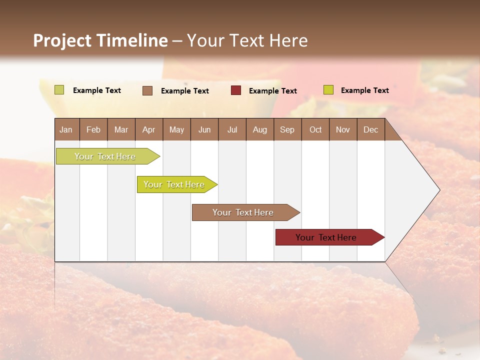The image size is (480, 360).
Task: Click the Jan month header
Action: (x=66, y=130)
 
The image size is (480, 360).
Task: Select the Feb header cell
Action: (x=93, y=130)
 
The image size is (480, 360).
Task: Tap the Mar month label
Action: (x=121, y=130)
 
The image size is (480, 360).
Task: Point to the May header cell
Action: (x=176, y=130)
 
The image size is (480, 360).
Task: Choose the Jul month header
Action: (x=232, y=130)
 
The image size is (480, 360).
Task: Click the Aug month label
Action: (x=260, y=130)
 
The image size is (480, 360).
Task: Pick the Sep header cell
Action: (x=287, y=130)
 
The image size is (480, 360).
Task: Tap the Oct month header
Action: (x=315, y=130)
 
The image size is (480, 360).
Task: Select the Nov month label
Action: (x=343, y=130)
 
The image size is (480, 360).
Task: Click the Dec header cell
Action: (x=370, y=130)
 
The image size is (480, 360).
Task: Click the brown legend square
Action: (x=147, y=90)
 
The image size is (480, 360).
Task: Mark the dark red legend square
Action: (x=236, y=90)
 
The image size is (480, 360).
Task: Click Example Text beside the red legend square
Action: (x=273, y=91)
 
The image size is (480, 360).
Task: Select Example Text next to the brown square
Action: (x=185, y=91)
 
